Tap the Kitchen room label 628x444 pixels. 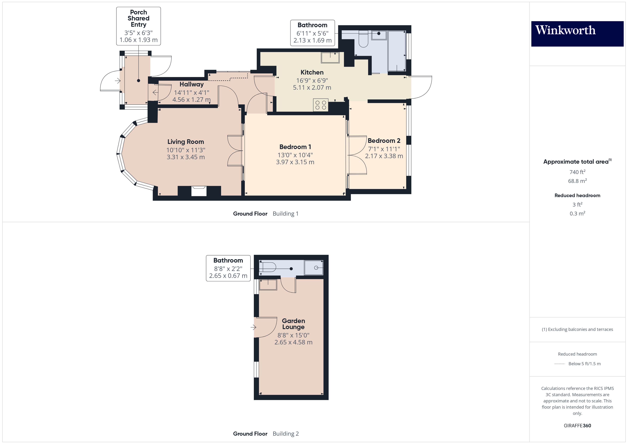312,72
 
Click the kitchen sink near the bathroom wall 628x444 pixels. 330,58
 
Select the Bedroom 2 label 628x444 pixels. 384,141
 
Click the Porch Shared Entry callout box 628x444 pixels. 138,26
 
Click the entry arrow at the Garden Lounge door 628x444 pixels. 253,327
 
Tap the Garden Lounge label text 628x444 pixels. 293,324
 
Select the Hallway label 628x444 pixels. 192,84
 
